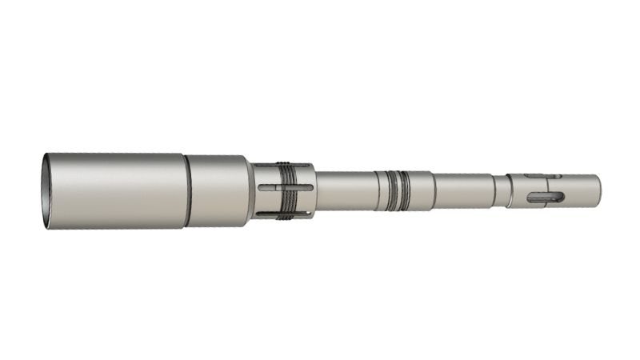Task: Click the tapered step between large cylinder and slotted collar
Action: (x=251, y=190)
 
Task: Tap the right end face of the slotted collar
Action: (x=313, y=190)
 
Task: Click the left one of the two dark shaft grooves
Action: (x=390, y=191)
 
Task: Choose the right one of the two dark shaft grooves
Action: (x=406, y=191)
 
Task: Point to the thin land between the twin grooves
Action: (x=398, y=191)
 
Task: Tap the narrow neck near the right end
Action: (x=501, y=190)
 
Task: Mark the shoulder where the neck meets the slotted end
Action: (x=510, y=190)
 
